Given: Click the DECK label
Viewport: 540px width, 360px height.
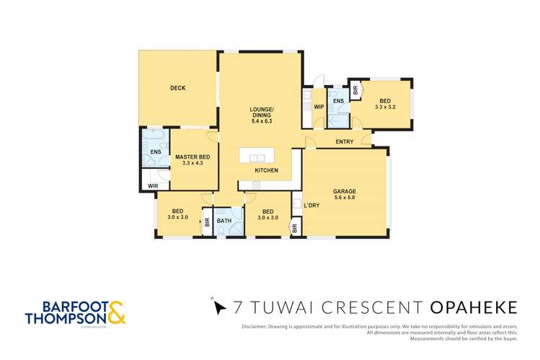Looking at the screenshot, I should [177, 88].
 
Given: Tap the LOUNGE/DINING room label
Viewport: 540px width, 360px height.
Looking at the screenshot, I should [261, 112].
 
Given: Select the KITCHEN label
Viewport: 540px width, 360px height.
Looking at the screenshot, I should [266, 170].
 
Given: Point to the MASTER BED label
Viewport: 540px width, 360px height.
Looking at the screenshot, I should [192, 157].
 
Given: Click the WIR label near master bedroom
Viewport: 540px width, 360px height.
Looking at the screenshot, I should [152, 186].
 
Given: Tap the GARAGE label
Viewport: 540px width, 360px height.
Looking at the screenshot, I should [345, 192].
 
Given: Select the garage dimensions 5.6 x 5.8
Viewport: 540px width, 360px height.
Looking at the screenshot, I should [345, 198].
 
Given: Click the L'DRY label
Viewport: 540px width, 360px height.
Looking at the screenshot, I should [311, 206].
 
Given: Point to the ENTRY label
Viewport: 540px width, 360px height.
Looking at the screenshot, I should [345, 142].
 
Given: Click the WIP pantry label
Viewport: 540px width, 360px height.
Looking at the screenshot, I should [318, 107].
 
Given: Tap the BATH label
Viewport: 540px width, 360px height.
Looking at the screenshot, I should [223, 221].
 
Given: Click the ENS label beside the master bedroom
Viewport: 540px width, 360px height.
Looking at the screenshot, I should [154, 153].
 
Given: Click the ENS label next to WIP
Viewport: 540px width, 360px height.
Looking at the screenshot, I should [337, 101].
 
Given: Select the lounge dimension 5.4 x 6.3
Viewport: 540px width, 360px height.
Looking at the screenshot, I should [261, 121].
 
